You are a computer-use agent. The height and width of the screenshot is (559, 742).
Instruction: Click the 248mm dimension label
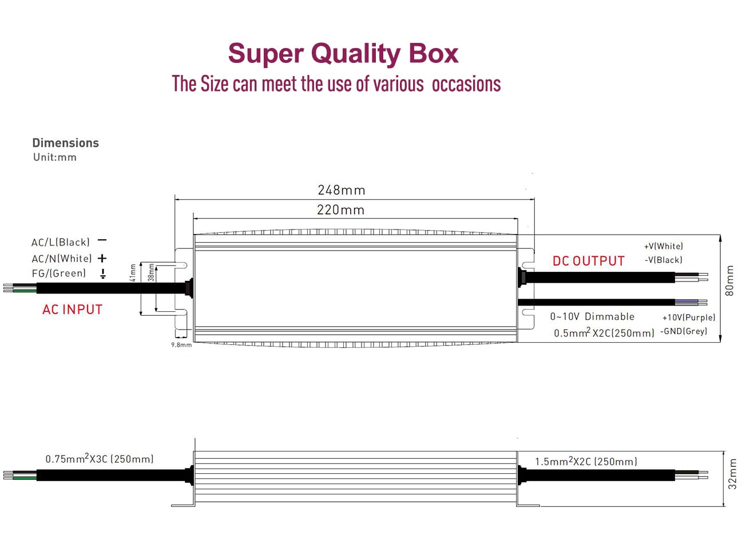[x=341, y=190]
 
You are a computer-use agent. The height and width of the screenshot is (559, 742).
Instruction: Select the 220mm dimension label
[x=340, y=210]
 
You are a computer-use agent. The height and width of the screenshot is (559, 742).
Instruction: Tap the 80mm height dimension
[x=729, y=280]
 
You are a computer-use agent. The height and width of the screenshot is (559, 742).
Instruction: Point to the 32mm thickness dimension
[x=732, y=474]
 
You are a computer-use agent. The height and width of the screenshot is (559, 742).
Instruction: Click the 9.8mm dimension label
[x=181, y=345]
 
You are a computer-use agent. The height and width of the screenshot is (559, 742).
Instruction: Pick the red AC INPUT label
[x=73, y=310]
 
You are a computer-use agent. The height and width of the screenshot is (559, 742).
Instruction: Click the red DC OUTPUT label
[x=588, y=261]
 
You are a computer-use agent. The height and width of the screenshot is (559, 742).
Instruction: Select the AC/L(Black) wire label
[x=61, y=242]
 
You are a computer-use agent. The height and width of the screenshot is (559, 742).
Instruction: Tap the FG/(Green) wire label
[x=59, y=273]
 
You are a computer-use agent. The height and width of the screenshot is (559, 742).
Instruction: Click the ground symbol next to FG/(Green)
[x=103, y=274]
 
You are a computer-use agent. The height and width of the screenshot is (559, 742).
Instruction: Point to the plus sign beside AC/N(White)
[x=102, y=259]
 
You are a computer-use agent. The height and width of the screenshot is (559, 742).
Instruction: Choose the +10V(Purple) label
[x=689, y=318]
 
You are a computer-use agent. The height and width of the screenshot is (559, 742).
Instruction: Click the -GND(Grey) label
[x=684, y=331]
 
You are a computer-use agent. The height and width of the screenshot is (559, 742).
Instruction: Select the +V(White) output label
[x=664, y=246]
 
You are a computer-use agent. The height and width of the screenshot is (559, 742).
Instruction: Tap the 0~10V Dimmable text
[x=592, y=316]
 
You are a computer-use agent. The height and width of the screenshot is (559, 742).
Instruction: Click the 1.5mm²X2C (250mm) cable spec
[x=586, y=461]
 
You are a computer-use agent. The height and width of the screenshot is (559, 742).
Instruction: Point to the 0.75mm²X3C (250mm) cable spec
[x=100, y=459]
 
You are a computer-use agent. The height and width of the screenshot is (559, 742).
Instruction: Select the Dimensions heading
[x=65, y=143]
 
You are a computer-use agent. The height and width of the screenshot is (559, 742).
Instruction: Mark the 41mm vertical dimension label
[x=133, y=272]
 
